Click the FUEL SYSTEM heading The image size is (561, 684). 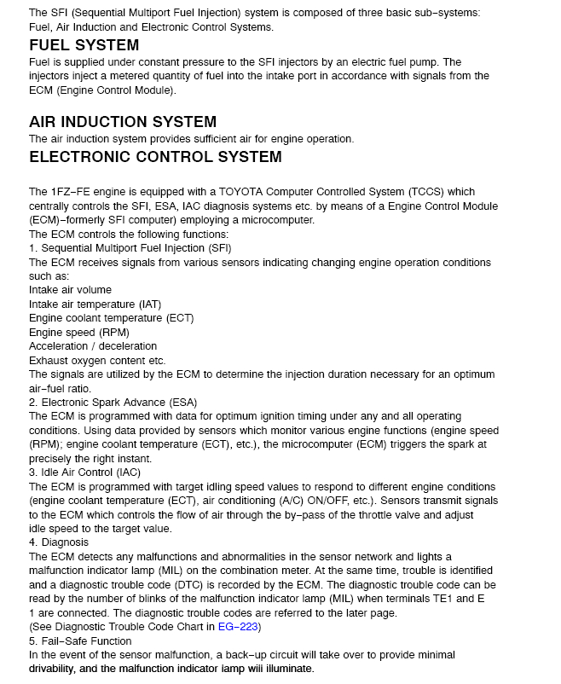pyautogui.click(x=84, y=45)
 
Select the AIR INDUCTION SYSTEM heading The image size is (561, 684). pyautogui.click(x=123, y=122)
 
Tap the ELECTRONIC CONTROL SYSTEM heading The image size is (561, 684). pyautogui.click(x=155, y=157)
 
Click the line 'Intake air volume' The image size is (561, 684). pyautogui.click(x=70, y=290)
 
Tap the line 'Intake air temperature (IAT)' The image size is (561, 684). pyautogui.click(x=95, y=304)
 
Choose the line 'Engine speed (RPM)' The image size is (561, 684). pyautogui.click(x=78, y=332)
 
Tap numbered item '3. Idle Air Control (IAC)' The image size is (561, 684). pyautogui.click(x=85, y=472)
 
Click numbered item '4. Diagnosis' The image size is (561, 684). pyautogui.click(x=58, y=542)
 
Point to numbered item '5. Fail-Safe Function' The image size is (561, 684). pyautogui.click(x=80, y=641)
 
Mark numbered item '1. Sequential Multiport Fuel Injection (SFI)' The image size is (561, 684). pyautogui.click(x=130, y=248)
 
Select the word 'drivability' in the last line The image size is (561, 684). pyautogui.click(x=58, y=669)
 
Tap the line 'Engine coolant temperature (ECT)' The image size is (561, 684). pyautogui.click(x=111, y=318)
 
